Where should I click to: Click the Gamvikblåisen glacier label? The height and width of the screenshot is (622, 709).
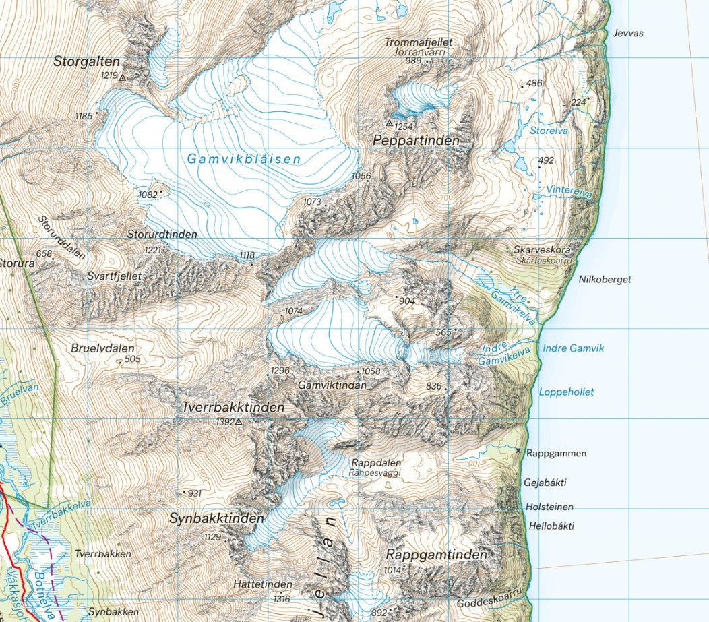point(244,160)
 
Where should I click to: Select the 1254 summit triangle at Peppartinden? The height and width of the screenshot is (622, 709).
point(390,123)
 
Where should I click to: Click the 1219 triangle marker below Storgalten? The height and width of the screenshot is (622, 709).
point(123,77)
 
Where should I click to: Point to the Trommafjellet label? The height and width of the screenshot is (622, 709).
point(418,42)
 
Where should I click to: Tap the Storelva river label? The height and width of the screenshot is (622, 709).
point(549,131)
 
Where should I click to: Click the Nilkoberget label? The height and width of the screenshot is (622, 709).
point(605,279)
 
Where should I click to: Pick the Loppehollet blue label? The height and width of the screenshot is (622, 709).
point(566,392)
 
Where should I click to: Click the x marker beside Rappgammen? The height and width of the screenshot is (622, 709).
point(518,450)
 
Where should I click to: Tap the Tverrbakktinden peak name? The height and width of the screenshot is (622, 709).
point(233,408)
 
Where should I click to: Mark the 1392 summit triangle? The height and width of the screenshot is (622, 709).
point(238,422)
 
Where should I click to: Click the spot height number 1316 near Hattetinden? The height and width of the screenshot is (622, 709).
point(282,598)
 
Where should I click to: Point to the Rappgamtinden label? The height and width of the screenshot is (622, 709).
point(436,555)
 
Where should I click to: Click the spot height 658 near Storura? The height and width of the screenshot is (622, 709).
point(44,253)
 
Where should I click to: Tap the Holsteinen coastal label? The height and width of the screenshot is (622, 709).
point(551,507)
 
